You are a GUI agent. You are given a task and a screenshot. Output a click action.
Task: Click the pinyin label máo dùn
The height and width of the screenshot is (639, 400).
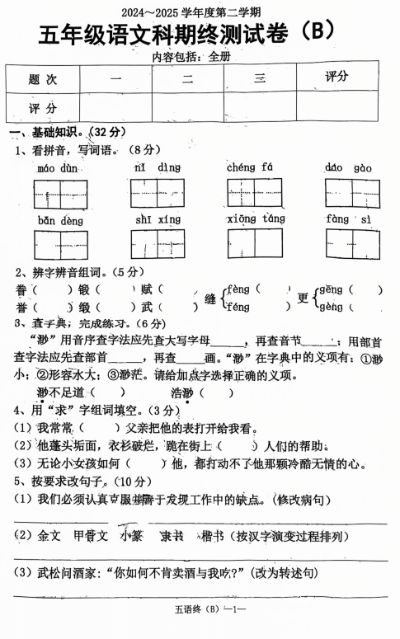[58, 168]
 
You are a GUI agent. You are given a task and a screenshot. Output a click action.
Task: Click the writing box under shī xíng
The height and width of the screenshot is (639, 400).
[157, 244]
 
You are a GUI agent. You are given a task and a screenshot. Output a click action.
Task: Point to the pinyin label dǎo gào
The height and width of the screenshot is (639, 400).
[347, 168]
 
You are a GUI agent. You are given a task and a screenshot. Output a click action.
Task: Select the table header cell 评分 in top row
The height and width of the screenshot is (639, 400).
[336, 77]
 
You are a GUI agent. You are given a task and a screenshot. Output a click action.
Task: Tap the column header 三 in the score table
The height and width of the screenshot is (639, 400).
[260, 79]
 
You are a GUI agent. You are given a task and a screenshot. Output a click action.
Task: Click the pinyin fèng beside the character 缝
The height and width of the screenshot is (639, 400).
[238, 289]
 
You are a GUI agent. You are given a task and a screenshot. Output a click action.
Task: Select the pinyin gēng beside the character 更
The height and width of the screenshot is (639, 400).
[332, 290]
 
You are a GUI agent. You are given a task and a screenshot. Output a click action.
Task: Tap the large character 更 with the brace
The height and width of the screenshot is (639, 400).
[303, 298]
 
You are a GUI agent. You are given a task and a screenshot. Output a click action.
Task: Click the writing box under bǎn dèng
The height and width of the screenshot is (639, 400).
[60, 244]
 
